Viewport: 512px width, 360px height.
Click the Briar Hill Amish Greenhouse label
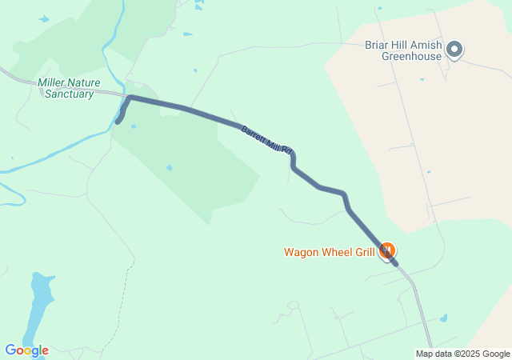pyautogui.click(x=402, y=50)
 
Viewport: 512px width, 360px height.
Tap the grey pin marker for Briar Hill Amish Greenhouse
pyautogui.click(x=454, y=50)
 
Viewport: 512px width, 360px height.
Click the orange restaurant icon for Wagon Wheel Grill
pyautogui.click(x=386, y=251)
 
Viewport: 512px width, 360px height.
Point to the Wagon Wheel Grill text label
pyautogui.click(x=330, y=252)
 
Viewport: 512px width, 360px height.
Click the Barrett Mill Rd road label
pyautogui.click(x=269, y=138)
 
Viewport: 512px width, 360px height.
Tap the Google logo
pyautogui.click(x=26, y=350)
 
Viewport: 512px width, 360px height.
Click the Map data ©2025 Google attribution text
pyautogui.click(x=462, y=354)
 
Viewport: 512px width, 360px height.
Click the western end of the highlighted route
pyautogui.click(x=118, y=122)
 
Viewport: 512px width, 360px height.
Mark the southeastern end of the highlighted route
pyautogui.click(x=395, y=262)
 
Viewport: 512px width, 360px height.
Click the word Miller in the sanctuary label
pyautogui.click(x=53, y=82)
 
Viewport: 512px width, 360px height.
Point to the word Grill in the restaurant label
pyautogui.click(x=365, y=252)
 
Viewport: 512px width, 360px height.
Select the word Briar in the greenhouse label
pyautogui.click(x=376, y=45)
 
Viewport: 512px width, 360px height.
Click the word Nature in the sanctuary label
pyautogui.click(x=86, y=82)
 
